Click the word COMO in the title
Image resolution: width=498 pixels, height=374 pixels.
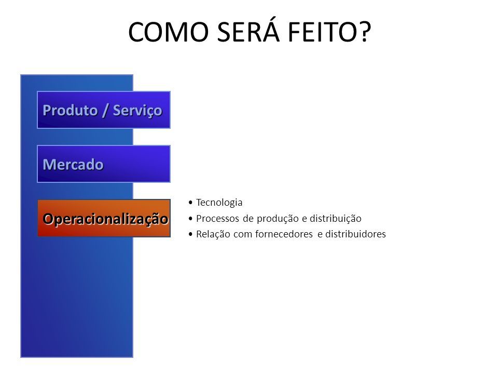[x=168, y=32]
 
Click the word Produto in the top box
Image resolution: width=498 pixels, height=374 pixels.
[x=70, y=110]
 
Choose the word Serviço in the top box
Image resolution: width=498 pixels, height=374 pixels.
[x=137, y=111]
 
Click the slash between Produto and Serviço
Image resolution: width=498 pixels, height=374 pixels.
[x=105, y=110]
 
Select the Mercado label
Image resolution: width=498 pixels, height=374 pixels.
[x=73, y=165]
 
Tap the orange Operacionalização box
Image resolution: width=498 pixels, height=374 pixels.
[x=104, y=218]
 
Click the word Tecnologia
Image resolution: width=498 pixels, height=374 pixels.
[x=219, y=202]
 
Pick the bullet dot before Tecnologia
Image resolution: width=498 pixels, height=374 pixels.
[x=190, y=202]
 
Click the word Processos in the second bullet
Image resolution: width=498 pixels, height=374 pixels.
[x=217, y=219]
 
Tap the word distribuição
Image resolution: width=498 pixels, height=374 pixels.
[x=336, y=219]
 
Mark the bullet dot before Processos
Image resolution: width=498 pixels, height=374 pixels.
[x=190, y=219]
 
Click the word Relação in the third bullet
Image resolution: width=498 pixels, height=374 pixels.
[x=213, y=234]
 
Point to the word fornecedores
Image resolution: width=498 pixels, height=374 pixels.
[x=284, y=234]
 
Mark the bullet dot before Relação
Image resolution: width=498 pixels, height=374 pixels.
[x=190, y=234]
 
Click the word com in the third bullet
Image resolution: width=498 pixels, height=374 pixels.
[x=243, y=235]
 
